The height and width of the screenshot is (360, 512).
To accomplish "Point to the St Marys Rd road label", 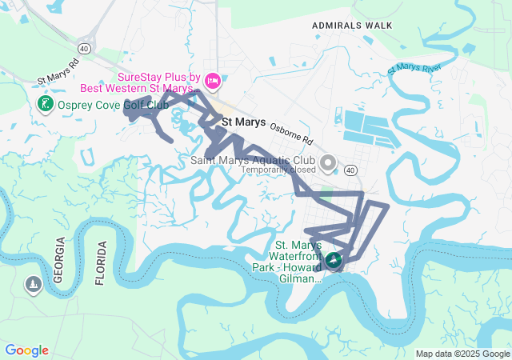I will click(x=59, y=73).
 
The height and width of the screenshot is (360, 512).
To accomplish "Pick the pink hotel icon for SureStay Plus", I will click(x=213, y=80).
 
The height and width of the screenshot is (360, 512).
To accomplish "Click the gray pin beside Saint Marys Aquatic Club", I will click(x=327, y=163).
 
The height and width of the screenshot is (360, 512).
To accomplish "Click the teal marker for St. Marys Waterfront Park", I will click(x=332, y=260).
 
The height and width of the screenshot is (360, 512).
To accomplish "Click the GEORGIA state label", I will click(x=58, y=261).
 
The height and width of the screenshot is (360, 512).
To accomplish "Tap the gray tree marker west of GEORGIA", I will click(x=33, y=285).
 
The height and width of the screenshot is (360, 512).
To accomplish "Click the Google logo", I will click(x=26, y=350).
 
